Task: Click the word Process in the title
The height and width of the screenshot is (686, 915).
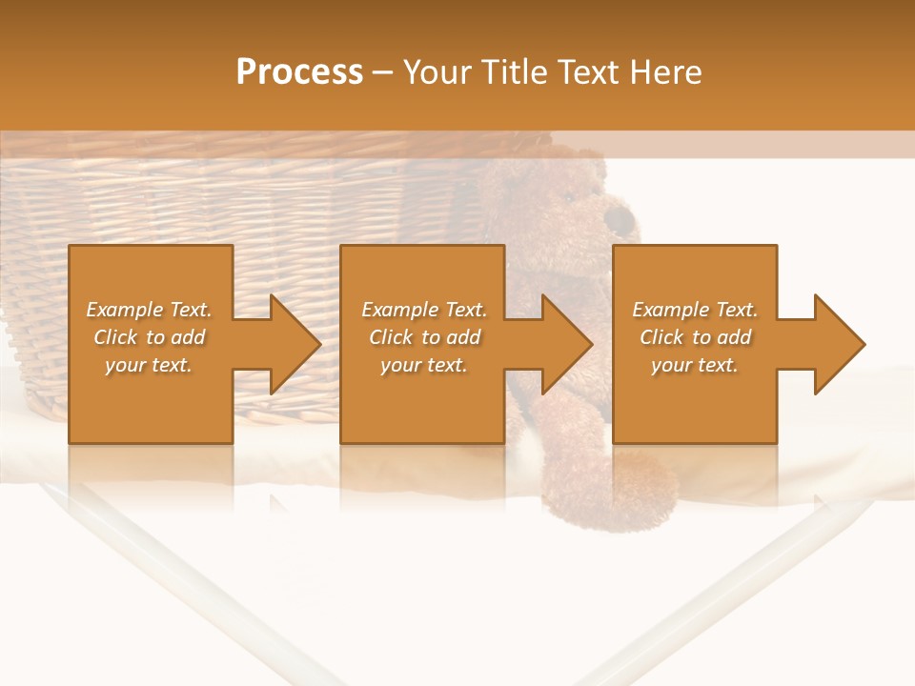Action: tap(299, 72)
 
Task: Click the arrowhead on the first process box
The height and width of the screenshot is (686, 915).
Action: tap(291, 344)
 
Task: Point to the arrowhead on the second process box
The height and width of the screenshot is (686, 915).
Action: tap(562, 344)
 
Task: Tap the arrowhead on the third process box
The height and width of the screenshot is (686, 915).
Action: tap(835, 344)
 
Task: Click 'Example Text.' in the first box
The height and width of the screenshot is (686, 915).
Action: tap(149, 310)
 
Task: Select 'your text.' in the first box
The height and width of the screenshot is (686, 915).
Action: tap(149, 365)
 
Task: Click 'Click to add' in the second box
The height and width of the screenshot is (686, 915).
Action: tap(424, 337)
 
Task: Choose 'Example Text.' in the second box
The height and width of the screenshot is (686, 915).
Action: tap(424, 310)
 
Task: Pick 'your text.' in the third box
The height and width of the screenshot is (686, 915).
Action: tap(694, 365)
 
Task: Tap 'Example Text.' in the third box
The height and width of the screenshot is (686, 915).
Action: tap(695, 310)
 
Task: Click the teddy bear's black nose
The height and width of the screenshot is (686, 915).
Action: tap(620, 220)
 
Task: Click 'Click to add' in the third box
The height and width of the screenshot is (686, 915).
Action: tap(695, 337)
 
